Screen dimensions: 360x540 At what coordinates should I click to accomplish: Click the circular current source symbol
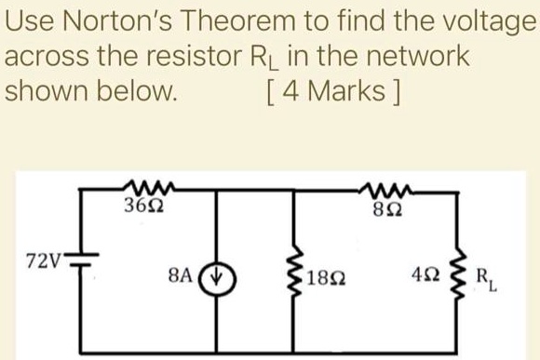(x=219, y=277)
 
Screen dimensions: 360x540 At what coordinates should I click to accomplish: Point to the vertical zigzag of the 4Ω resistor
(x=456, y=276)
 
